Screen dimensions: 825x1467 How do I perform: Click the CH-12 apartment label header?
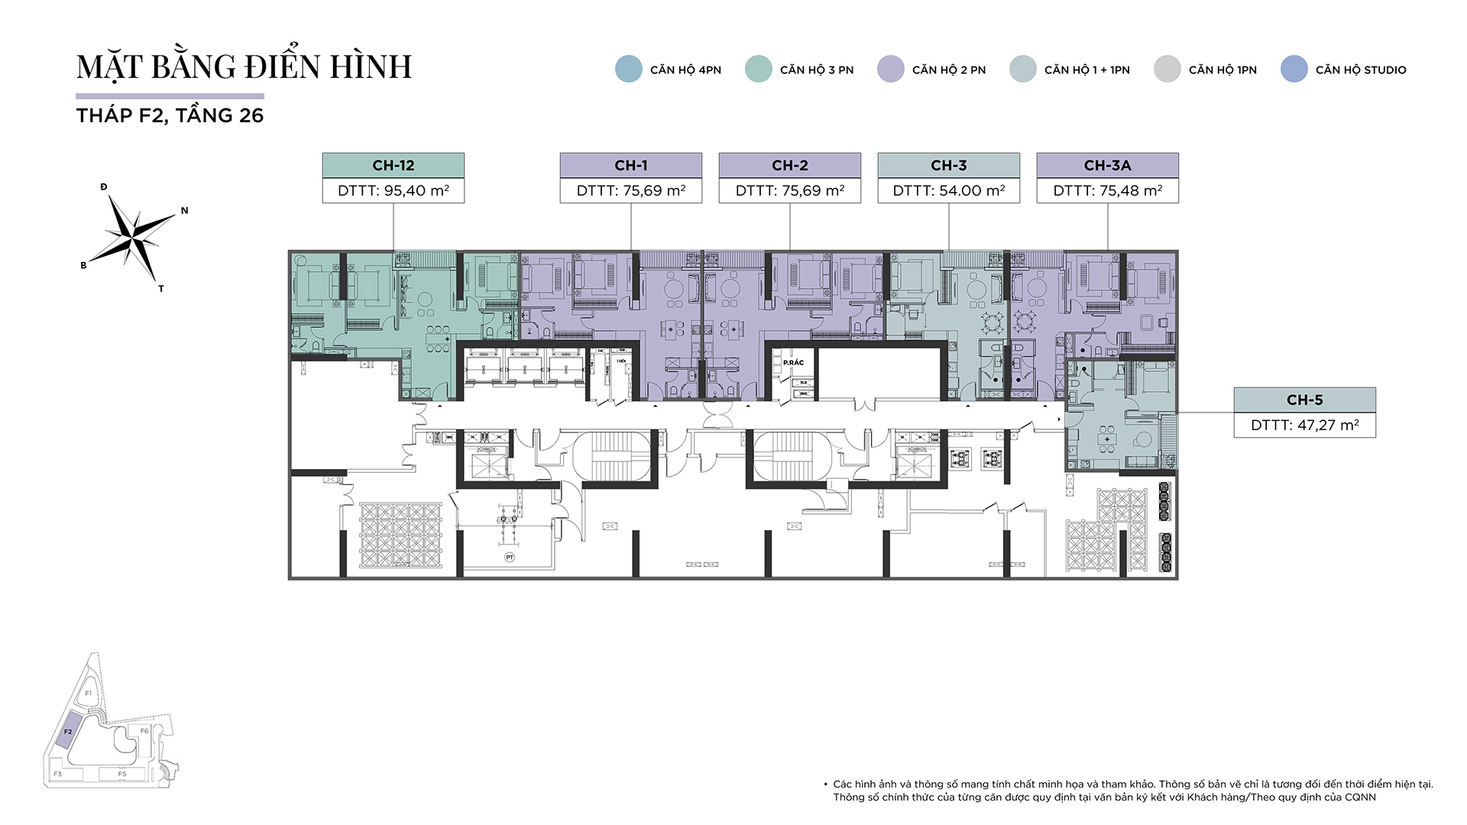tap(393, 165)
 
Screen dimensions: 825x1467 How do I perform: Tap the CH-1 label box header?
tap(630, 165)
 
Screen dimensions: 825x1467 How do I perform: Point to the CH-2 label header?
tap(789, 165)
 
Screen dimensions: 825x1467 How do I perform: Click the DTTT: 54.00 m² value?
tap(948, 191)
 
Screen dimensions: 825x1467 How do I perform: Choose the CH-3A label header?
tap(1107, 165)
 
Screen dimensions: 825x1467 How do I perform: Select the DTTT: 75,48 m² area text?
tap(1107, 191)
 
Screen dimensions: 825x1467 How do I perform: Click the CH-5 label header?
tap(1304, 400)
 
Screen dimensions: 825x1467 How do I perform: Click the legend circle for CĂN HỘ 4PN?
tap(628, 70)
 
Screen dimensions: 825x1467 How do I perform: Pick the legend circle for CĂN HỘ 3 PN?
tap(758, 70)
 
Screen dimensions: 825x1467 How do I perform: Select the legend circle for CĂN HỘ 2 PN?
tap(890, 70)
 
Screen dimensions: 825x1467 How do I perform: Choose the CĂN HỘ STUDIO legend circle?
tap(1294, 70)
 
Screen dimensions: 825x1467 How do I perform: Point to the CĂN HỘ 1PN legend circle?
tap(1167, 70)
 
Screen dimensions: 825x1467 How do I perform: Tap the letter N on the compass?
tap(184, 211)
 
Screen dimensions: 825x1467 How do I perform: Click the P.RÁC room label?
tap(793, 363)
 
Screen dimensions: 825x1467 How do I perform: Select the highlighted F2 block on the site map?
tap(67, 731)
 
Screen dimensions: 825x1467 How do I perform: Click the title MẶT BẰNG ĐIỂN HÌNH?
tap(244, 67)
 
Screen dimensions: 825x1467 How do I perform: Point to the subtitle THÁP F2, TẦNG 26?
tap(170, 116)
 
